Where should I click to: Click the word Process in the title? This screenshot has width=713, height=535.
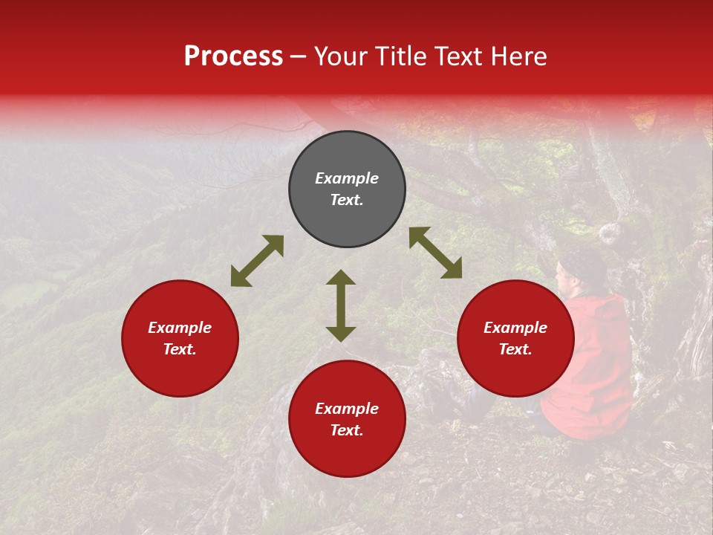[x=233, y=56]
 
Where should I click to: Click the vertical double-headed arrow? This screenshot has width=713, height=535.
[x=341, y=305]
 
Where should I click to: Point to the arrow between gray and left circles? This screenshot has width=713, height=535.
[x=257, y=261]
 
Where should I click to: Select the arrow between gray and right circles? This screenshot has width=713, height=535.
[x=435, y=253]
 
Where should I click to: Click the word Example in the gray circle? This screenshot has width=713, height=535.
[x=347, y=178]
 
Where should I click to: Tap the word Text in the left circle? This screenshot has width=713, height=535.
[x=180, y=349]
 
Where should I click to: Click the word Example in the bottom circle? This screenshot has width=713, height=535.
[x=347, y=409]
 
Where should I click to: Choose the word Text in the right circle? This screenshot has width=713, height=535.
[x=515, y=349]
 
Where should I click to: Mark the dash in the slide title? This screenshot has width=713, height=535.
[x=299, y=57]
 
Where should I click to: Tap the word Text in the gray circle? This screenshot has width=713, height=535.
[x=347, y=200]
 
